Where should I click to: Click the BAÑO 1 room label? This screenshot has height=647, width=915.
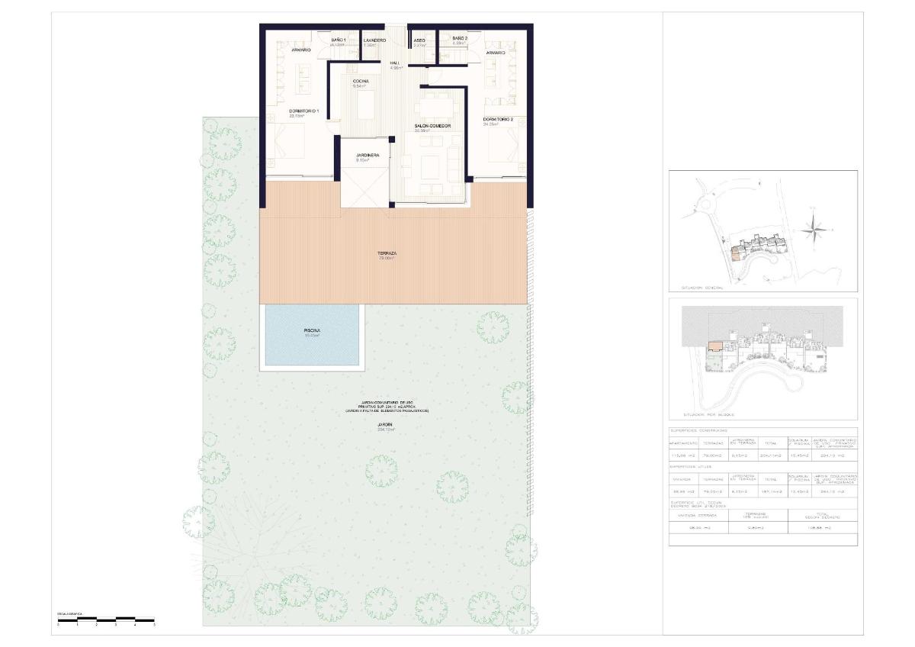point(339,40)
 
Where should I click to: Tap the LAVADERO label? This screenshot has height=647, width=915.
point(374,40)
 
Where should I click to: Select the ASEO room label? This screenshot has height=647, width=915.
point(419,40)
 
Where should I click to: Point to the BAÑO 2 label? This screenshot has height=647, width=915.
point(459,38)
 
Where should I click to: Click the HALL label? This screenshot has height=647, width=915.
point(394,63)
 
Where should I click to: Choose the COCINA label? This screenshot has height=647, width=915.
point(361,81)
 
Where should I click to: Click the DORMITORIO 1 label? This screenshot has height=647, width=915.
point(303,111)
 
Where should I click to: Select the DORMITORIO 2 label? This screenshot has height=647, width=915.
point(498,120)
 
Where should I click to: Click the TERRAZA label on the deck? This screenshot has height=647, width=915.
point(387,253)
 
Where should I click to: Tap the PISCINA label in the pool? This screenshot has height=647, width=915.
point(312,330)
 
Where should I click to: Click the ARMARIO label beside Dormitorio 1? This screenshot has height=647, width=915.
point(300,50)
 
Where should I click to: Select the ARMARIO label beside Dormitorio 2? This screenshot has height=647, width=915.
point(496,53)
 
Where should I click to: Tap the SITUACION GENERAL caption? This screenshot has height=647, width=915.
point(701,288)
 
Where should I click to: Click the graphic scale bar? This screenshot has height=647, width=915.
point(106,619)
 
